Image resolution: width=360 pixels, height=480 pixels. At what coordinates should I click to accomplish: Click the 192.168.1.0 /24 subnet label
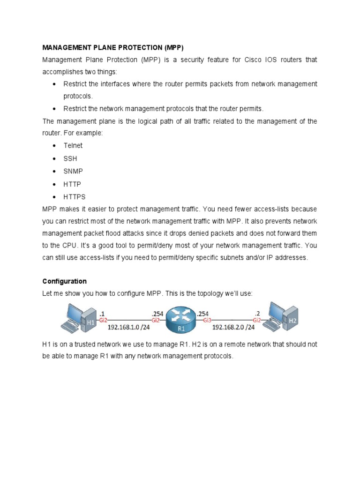[128, 327]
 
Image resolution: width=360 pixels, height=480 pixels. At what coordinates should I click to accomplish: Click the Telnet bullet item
[73, 146]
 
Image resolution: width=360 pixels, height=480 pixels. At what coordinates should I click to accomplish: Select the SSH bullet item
[70, 159]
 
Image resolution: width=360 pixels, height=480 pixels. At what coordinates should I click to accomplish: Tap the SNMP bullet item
[73, 172]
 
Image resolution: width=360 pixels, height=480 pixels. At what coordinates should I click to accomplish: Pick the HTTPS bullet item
[75, 197]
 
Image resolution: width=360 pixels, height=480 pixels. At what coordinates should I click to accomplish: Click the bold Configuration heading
[64, 281]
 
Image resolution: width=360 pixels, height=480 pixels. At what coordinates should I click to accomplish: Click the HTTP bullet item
[72, 184]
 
